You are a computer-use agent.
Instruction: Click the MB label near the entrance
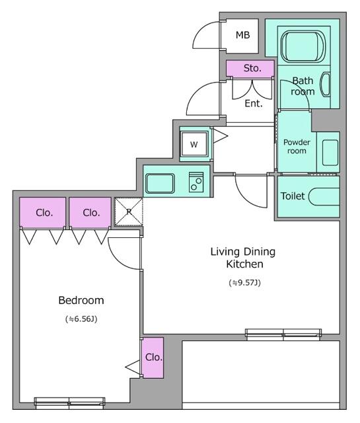click(x=242, y=35)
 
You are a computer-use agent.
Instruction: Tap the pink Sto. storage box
click(x=251, y=68)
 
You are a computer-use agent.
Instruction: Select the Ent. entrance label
click(x=254, y=103)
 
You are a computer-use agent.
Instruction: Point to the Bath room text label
click(x=303, y=86)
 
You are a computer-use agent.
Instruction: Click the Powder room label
click(x=295, y=146)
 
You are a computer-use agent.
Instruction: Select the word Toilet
click(x=293, y=196)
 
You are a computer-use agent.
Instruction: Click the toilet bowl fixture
click(x=325, y=197)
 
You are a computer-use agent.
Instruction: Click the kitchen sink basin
click(x=160, y=182)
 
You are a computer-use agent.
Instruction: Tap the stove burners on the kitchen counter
click(x=196, y=182)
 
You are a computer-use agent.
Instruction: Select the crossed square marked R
click(x=128, y=212)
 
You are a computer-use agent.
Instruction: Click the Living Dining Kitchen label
click(x=242, y=258)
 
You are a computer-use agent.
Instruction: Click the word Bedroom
click(x=81, y=300)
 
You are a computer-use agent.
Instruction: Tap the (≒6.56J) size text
click(x=81, y=319)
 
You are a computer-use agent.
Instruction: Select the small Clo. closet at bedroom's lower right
click(x=152, y=358)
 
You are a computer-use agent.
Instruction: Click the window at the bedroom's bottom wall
click(x=69, y=401)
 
